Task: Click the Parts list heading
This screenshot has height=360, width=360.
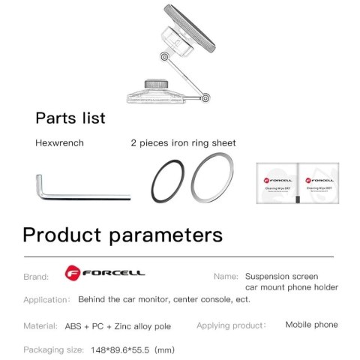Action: click(70, 118)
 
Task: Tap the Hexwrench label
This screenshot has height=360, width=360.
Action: click(60, 142)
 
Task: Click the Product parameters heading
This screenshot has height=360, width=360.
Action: click(122, 234)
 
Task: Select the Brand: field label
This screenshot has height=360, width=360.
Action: click(36, 276)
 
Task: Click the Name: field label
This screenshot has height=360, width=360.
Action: click(225, 276)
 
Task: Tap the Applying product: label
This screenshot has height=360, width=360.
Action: click(231, 325)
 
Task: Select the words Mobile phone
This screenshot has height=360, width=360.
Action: click(311, 325)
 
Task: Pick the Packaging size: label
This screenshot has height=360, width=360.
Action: click(52, 349)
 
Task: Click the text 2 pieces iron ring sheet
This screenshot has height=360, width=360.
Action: click(183, 142)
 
